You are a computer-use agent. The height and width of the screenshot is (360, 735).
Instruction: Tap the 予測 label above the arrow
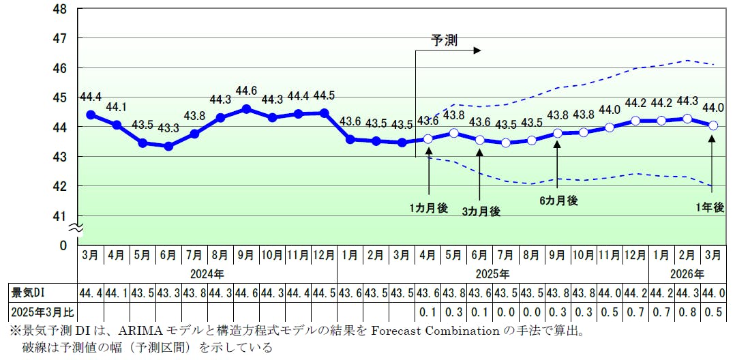[444, 40]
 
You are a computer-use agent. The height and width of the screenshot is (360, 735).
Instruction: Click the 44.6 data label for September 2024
[246, 91]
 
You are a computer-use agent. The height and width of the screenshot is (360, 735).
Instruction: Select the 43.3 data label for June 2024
[168, 128]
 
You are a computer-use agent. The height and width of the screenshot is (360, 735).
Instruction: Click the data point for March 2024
[91, 115]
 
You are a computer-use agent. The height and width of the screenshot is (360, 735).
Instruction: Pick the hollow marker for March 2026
[713, 125]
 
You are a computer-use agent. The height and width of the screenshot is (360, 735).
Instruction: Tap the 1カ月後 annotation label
[429, 208]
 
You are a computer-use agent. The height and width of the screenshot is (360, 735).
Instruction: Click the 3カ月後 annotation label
[481, 211]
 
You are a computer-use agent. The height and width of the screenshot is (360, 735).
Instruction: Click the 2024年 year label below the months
[207, 273]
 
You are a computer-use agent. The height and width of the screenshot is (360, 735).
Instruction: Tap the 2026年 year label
[687, 273]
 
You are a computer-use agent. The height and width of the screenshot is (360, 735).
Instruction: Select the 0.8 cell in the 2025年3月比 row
[687, 312]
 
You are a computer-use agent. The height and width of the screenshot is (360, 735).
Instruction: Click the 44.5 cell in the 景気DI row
[324, 293]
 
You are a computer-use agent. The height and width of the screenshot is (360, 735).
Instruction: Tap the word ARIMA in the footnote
[139, 331]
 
